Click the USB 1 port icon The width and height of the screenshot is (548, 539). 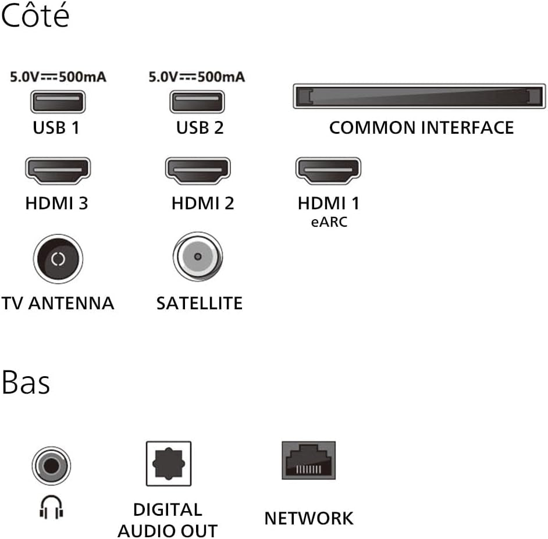coord(58,102)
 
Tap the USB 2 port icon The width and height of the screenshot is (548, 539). coord(197,102)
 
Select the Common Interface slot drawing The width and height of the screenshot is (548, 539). coord(419,96)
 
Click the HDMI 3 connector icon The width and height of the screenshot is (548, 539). coord(58,170)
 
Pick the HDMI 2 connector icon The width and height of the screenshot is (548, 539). coord(198,170)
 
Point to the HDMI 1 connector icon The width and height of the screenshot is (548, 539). coord(328,170)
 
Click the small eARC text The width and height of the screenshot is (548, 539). coord(329,222)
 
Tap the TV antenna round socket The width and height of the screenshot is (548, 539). coord(58,259)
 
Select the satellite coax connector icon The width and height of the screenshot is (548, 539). coord(198,257)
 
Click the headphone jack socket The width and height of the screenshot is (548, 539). coord(51,466)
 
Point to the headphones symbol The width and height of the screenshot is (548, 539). coord(51,507)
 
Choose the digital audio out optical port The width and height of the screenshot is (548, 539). coord(169,463)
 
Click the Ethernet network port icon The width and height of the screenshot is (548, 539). coord(308,461)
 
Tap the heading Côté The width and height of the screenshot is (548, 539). coord(35,15)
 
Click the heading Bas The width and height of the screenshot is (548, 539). coord(26,382)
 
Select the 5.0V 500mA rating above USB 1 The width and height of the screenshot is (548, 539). coord(58,77)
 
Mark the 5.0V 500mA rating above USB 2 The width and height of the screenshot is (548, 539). coord(197,77)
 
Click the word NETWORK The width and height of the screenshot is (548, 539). coord(309,518)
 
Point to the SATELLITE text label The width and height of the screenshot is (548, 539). coord(200,303)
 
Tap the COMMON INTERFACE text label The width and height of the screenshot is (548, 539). coord(422,127)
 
